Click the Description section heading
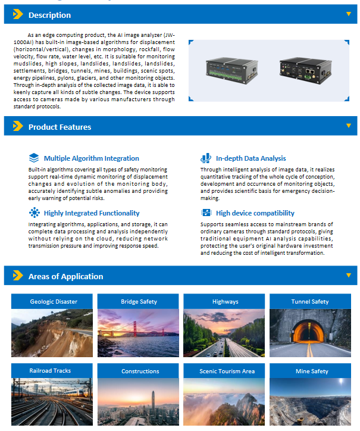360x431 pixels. [49, 15]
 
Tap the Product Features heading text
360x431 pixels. [60, 127]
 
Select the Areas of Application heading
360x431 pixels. [65, 276]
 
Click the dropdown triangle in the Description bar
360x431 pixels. [349, 13]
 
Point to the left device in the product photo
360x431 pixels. [233, 71]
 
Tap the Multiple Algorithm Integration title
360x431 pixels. [91, 158]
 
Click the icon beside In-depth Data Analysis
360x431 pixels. [206, 158]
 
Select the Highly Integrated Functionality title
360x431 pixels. [92, 213]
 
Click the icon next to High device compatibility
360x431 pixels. [206, 213]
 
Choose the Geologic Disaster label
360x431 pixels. [54, 301]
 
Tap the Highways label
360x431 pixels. [225, 301]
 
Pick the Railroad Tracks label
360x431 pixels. [50, 371]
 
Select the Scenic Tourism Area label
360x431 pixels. [227, 371]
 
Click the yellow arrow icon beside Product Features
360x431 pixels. [18, 127]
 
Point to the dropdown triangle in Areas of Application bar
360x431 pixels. [349, 275]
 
